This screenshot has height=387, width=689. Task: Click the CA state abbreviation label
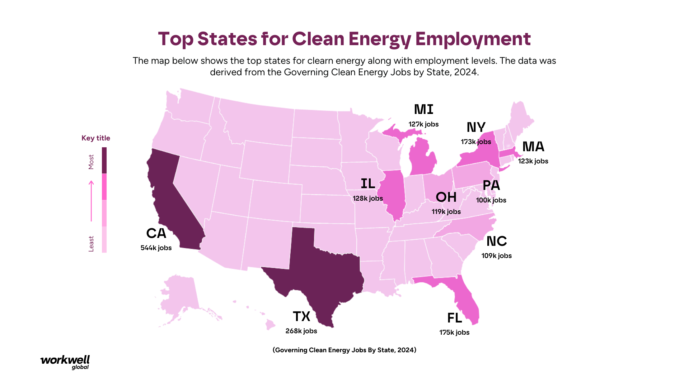click(156, 233)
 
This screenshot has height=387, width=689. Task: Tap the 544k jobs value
click(156, 248)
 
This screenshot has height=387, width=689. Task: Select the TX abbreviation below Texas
click(301, 316)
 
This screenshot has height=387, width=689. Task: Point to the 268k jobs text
click(301, 331)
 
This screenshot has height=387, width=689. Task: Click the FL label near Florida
click(454, 318)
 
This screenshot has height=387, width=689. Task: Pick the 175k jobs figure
click(454, 333)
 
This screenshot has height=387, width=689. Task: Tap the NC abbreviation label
click(497, 241)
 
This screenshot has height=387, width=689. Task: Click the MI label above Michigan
click(424, 109)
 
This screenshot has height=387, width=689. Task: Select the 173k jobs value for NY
click(476, 142)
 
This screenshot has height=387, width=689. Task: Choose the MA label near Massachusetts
click(533, 147)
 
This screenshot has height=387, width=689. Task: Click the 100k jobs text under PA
click(491, 200)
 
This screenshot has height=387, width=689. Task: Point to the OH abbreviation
click(446, 197)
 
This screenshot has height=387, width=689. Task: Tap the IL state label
click(368, 183)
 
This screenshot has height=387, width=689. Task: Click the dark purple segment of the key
click(104, 160)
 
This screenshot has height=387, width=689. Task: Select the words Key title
click(96, 138)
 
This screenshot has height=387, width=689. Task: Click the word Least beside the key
click(91, 244)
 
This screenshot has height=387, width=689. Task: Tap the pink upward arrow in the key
click(91, 201)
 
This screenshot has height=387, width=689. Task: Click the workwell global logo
click(65, 362)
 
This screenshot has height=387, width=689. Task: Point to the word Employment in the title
click(473, 39)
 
